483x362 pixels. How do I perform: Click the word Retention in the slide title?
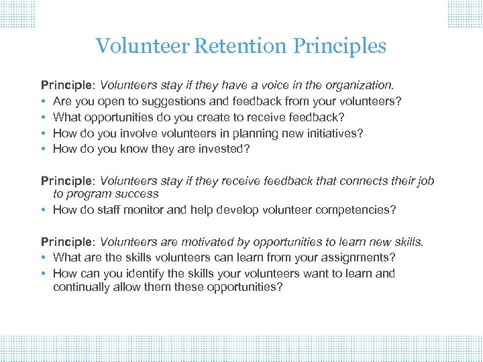(x=241, y=46)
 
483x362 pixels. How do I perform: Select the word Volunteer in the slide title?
(x=143, y=46)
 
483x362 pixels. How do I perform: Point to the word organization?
(x=360, y=86)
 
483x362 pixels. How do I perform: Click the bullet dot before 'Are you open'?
(x=44, y=102)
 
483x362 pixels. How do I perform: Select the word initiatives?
(x=334, y=133)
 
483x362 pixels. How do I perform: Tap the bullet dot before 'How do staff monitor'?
(x=44, y=210)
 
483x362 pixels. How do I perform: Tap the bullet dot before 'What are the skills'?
(x=44, y=257)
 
